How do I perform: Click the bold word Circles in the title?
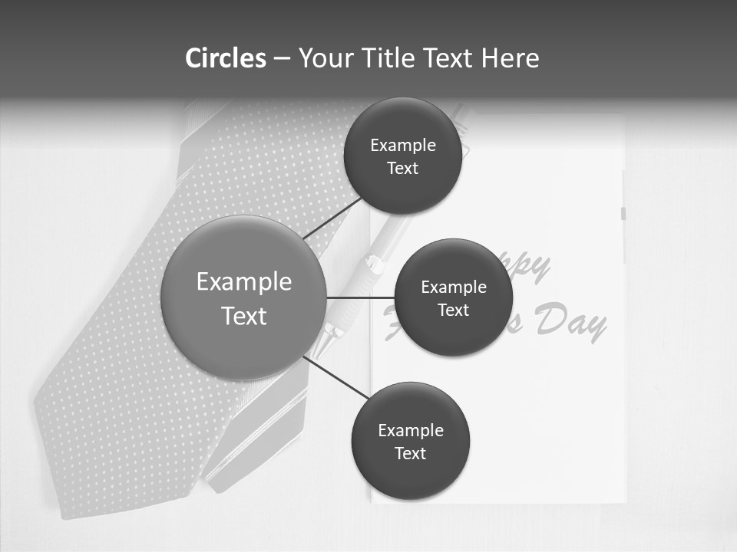pos(226,58)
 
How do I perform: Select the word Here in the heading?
pos(511,58)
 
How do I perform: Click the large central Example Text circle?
pos(244,297)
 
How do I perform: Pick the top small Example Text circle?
pos(403,156)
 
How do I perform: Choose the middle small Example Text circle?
pos(454,297)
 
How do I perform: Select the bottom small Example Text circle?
pos(411,441)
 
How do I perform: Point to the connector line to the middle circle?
pos(361,297)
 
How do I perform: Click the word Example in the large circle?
pos(244,281)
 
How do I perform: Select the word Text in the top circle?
pos(403,168)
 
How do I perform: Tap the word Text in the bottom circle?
pos(411,453)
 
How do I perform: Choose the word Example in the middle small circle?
pos(454,287)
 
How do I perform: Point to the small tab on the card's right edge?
pos(623,214)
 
